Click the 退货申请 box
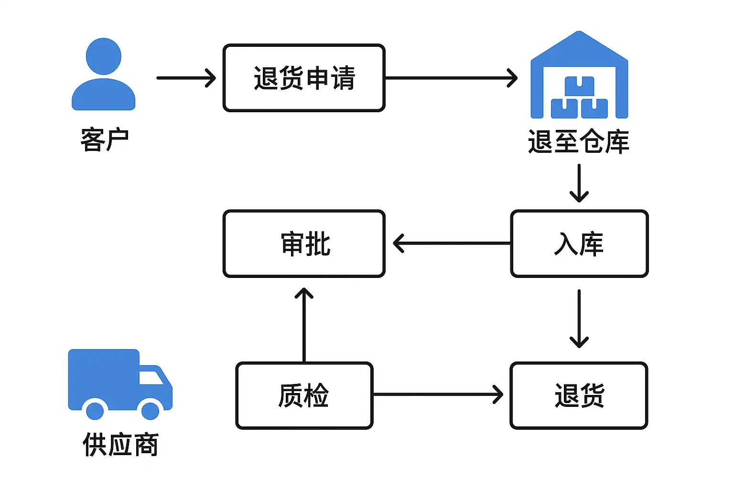click(x=304, y=78)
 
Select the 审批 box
click(x=304, y=244)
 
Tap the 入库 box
click(x=579, y=244)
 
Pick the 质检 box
click(x=304, y=395)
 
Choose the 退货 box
click(x=579, y=395)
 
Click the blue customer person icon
click(x=104, y=76)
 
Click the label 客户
click(x=105, y=140)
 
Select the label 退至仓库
click(x=579, y=142)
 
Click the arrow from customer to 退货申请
click(x=186, y=78)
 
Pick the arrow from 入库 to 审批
click(x=452, y=244)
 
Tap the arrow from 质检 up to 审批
click(x=304, y=325)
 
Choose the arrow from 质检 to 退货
click(x=437, y=394)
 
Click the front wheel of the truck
click(x=151, y=411)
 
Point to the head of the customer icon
click(x=104, y=56)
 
